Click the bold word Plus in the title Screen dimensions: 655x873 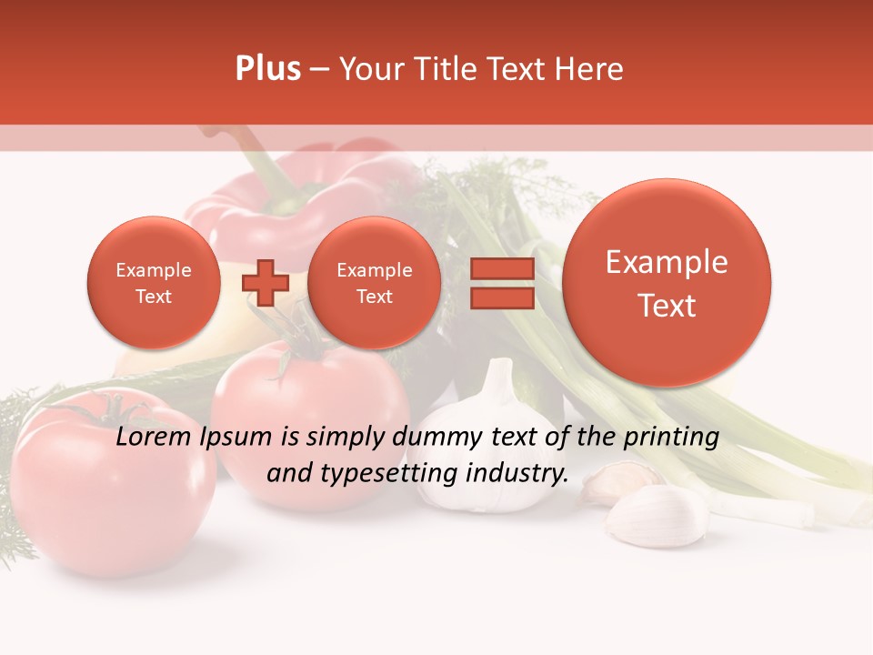tap(267, 69)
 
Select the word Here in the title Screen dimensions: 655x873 tap(589, 69)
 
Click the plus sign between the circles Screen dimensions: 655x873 tap(265, 282)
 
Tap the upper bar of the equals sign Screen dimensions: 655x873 tap(501, 268)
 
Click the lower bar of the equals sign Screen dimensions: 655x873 tap(501, 299)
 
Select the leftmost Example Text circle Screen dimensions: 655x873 tap(154, 283)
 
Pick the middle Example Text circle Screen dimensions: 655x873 tap(374, 283)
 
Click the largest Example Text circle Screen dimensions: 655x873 tap(667, 283)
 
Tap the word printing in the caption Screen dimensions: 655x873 tap(671, 438)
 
